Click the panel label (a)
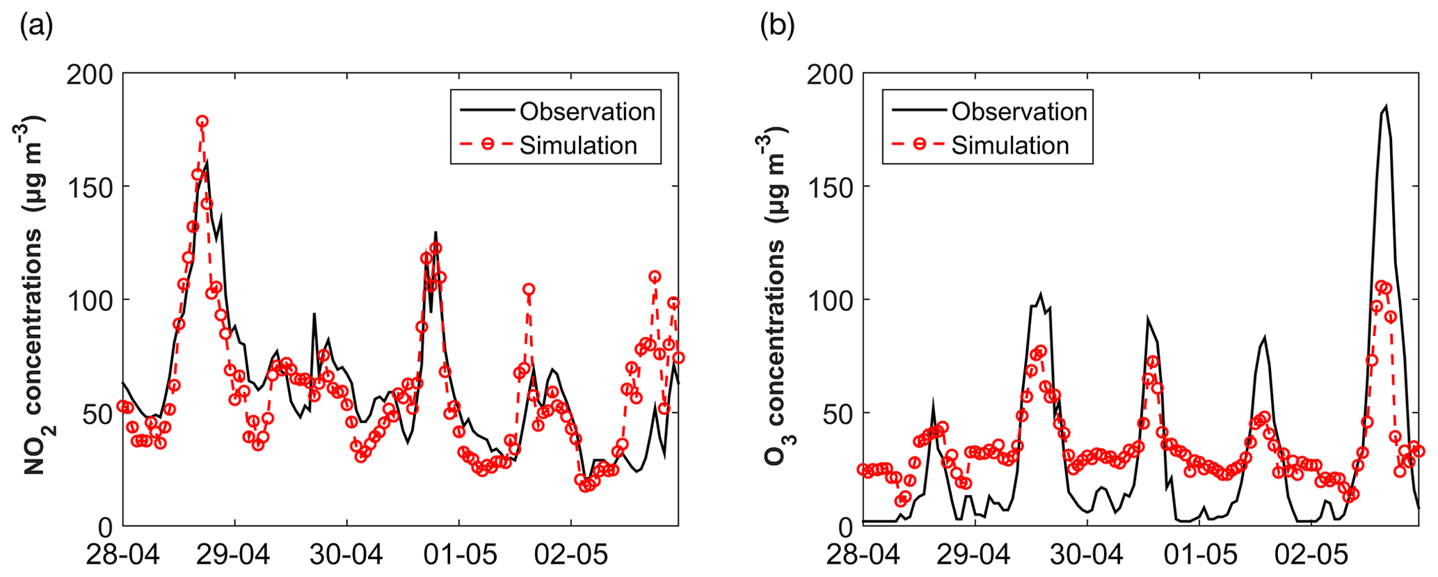(x=36, y=27)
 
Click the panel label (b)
(x=777, y=27)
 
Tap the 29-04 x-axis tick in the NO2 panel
(x=234, y=555)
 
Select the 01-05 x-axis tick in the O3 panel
(x=1199, y=555)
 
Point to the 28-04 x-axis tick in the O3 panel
(x=863, y=555)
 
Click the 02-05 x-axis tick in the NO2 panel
(x=570, y=555)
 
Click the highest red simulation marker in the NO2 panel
(x=202, y=121)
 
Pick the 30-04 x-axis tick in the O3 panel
(x=1087, y=555)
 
